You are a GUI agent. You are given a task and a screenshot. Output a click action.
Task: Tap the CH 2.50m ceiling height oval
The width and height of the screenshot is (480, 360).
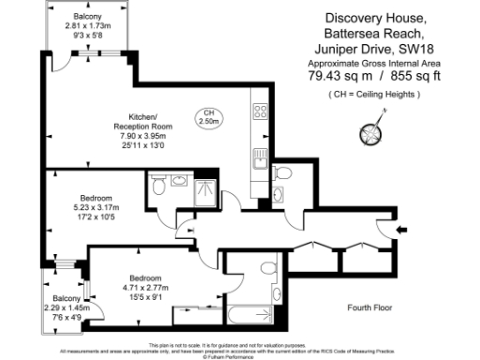point(207,117)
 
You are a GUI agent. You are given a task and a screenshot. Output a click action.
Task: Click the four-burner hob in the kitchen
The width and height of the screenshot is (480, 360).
point(259,113)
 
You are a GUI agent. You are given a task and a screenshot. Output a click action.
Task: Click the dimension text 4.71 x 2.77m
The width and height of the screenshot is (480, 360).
point(143,290)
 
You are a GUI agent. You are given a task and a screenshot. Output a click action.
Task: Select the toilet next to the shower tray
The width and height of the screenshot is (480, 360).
point(159,186)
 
